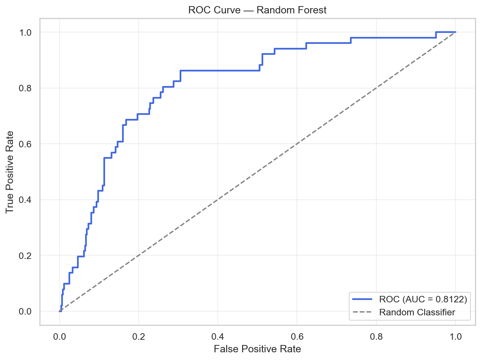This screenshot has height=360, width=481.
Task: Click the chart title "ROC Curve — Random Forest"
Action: click(x=257, y=11)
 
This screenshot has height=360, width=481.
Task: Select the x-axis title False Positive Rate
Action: click(x=257, y=349)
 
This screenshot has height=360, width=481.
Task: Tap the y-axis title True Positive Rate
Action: click(x=10, y=172)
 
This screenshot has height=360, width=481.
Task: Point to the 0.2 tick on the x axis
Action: click(x=139, y=336)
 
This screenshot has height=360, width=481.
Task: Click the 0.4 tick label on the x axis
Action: click(x=218, y=336)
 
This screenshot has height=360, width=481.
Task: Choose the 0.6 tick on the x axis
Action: click(x=297, y=336)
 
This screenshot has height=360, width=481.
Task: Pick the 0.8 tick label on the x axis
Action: click(x=376, y=336)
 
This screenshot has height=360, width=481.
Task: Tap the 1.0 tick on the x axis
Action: click(x=455, y=336)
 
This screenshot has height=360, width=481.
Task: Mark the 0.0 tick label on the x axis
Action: click(x=60, y=336)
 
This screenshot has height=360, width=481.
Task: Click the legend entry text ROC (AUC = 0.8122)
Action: click(x=423, y=300)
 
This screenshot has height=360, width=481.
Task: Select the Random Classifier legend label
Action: click(x=417, y=312)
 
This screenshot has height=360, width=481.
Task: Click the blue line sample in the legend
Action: click(x=362, y=300)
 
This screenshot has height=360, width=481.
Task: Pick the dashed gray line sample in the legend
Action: click(x=362, y=312)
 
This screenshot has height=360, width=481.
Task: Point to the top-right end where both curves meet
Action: click(x=455, y=32)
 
